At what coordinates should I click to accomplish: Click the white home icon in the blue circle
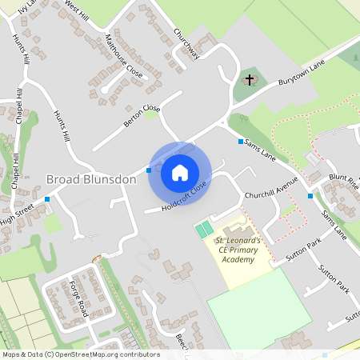[180, 172]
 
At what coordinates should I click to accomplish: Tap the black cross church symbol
[250, 80]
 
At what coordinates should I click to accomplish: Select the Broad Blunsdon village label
[91, 179]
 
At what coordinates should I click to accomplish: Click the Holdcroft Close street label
[184, 197]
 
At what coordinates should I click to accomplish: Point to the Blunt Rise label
[344, 181]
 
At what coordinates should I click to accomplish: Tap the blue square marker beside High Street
[47, 198]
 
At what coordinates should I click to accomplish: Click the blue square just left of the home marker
[149, 170]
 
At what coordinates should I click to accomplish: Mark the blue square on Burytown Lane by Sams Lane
[240, 142]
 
